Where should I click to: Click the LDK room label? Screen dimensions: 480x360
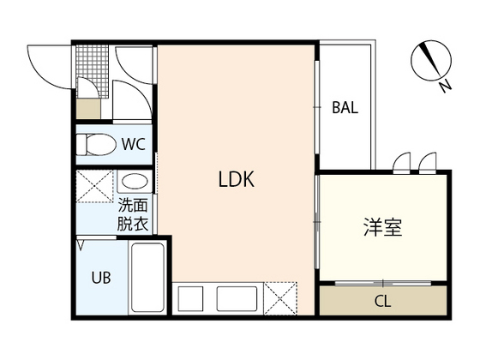pyautogui.click(x=236, y=179)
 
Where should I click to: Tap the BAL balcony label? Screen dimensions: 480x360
pyautogui.click(x=345, y=107)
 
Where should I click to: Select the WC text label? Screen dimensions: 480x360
pyautogui.click(x=134, y=144)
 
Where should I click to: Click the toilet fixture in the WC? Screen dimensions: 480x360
pyautogui.click(x=96, y=145)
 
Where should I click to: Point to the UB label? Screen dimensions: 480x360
pyautogui.click(x=101, y=278)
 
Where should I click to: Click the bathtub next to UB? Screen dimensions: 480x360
pyautogui.click(x=147, y=278)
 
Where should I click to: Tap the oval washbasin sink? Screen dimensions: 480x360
pyautogui.click(x=135, y=182)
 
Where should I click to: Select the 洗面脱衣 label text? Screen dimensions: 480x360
pyautogui.click(x=133, y=214)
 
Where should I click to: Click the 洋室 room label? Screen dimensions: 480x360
pyautogui.click(x=382, y=227)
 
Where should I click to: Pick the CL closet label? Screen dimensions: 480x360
pyautogui.click(x=382, y=301)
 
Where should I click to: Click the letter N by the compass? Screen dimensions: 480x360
pyautogui.click(x=446, y=86)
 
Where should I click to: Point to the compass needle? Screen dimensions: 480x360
pyautogui.click(x=431, y=60)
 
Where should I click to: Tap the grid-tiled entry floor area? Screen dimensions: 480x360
pyautogui.click(x=93, y=71)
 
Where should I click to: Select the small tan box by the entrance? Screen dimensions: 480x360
pyautogui.click(x=88, y=109)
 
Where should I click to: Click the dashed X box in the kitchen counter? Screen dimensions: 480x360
pyautogui.click(x=281, y=298)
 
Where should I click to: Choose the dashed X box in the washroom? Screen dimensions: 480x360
pyautogui.click(x=94, y=187)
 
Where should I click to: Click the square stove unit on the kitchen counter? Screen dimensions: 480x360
pyautogui.click(x=190, y=298)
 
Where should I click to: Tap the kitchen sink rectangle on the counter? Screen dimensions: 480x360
pyautogui.click(x=237, y=298)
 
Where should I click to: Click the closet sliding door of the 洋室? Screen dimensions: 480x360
pyautogui.click(x=383, y=283)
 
